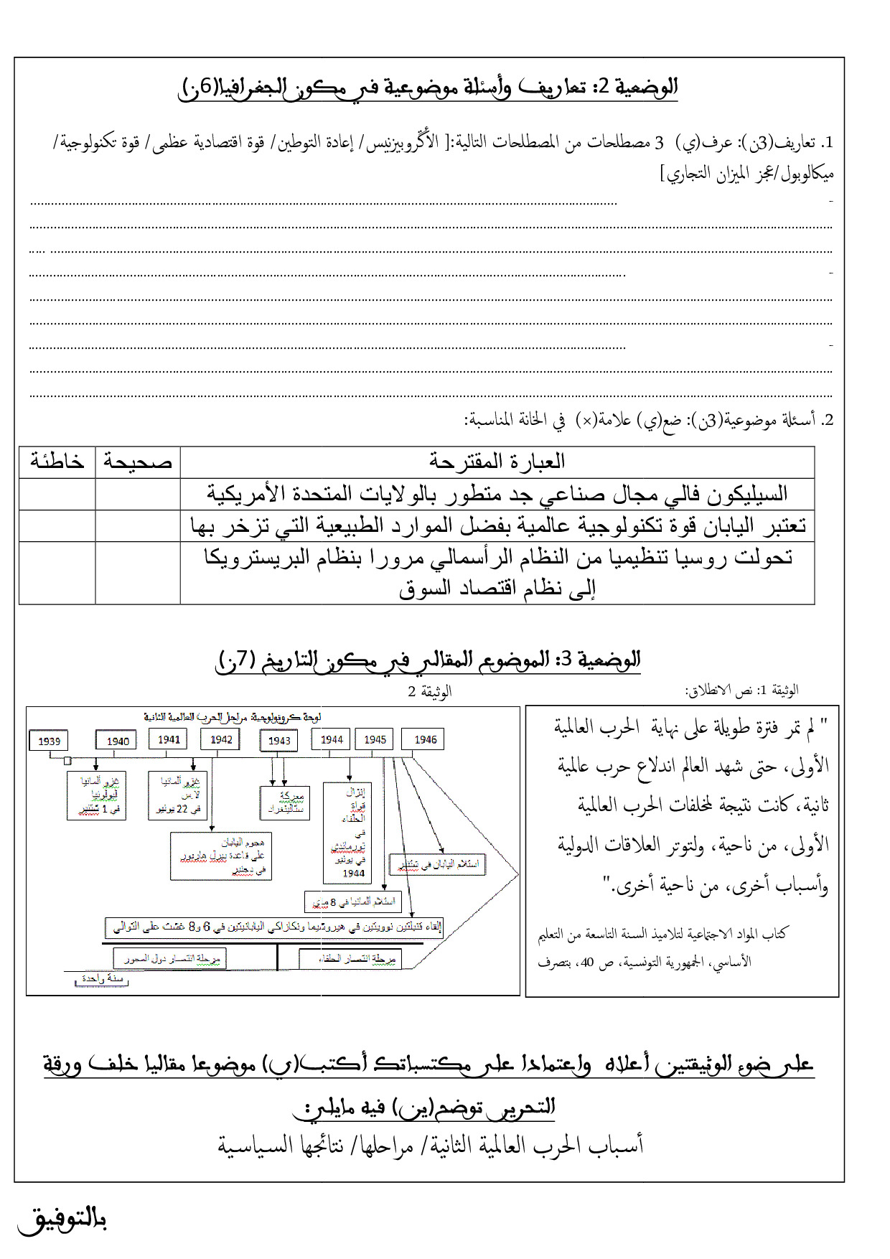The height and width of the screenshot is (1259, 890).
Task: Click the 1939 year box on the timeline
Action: (x=50, y=741)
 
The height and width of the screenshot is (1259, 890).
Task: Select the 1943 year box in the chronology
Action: (x=279, y=741)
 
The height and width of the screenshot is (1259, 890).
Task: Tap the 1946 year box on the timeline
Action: (x=425, y=739)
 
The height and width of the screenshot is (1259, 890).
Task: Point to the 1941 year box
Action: (x=169, y=739)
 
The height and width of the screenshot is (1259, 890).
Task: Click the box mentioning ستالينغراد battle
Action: (x=285, y=802)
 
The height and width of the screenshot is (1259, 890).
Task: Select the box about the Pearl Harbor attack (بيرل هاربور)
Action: (x=221, y=856)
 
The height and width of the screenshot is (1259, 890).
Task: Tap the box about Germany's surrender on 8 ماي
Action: (x=352, y=902)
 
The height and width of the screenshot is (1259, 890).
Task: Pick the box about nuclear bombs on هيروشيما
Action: (x=274, y=927)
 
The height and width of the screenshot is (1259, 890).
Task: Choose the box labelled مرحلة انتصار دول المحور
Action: (x=170, y=958)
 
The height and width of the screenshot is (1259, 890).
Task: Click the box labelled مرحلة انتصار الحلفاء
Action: (x=351, y=959)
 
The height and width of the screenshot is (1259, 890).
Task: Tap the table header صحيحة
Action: (x=138, y=462)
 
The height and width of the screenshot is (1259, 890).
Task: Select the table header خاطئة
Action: (x=57, y=462)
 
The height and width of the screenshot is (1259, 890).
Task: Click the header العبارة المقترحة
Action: (x=497, y=462)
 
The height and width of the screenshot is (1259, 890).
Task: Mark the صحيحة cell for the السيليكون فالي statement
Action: (x=138, y=494)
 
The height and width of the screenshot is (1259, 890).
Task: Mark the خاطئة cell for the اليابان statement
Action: (x=57, y=525)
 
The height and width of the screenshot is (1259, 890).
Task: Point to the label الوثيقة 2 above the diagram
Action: (x=429, y=691)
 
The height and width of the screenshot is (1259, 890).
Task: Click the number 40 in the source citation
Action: (x=587, y=963)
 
